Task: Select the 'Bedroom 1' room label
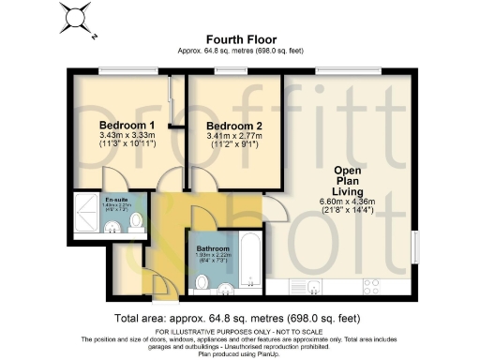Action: point(127,126)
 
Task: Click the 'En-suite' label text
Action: point(91,200)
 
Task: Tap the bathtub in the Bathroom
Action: point(248,258)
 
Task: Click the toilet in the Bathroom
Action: point(202,281)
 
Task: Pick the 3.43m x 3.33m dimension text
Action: point(127,137)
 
